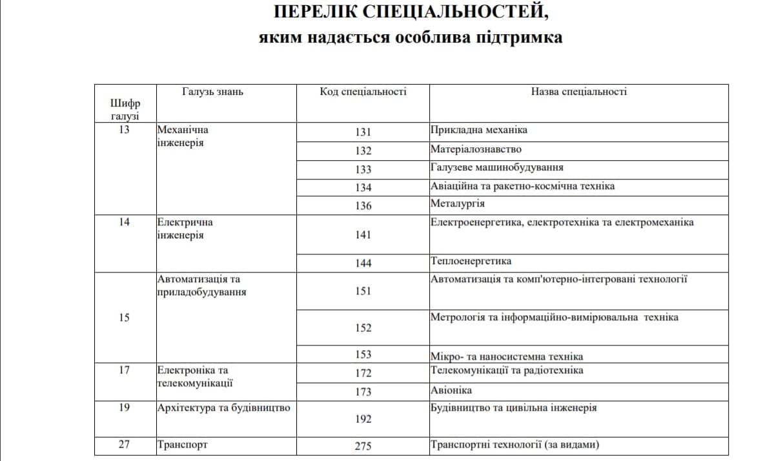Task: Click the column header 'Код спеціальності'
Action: click(x=363, y=92)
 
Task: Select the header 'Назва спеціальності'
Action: click(x=578, y=92)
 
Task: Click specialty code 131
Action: click(x=363, y=132)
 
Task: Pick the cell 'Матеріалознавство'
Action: click(x=476, y=149)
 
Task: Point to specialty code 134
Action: click(x=363, y=187)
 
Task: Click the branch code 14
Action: click(x=125, y=222)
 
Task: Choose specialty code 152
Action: click(x=363, y=328)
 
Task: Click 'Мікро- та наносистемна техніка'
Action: click(x=507, y=356)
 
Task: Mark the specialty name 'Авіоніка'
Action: click(x=451, y=390)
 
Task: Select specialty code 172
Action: click(x=363, y=373)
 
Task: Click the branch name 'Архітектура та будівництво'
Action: click(x=223, y=408)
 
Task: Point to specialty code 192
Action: click(x=363, y=419)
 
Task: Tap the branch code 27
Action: click(x=125, y=445)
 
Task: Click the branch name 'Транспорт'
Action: click(x=183, y=445)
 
